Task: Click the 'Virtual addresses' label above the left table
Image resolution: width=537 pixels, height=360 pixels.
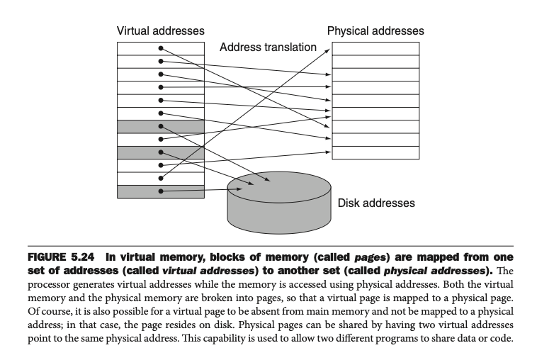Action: pos(160,31)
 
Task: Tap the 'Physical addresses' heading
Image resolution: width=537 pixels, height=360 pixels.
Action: pos(375,31)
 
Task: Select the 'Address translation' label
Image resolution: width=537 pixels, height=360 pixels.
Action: pos(268,47)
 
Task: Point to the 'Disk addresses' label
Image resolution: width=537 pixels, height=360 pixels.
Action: pos(375,203)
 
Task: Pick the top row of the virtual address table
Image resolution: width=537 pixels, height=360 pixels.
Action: pos(161,48)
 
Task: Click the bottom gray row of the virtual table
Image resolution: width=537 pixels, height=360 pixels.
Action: pos(161,191)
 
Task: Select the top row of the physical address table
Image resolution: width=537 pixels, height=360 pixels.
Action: pos(375,48)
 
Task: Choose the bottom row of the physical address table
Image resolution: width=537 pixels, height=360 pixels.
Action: pos(375,152)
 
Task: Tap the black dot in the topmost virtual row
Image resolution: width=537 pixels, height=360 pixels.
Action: pos(161,48)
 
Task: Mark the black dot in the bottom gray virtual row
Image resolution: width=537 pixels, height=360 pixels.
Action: pos(161,191)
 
